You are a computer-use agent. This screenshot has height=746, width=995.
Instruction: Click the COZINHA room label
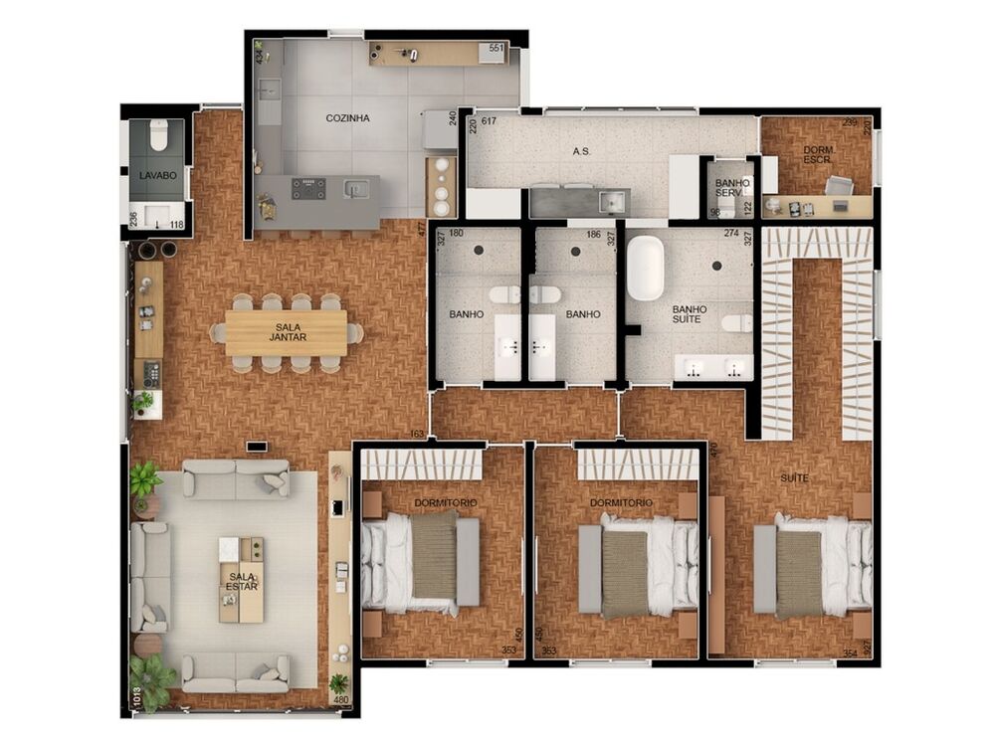coord(347,118)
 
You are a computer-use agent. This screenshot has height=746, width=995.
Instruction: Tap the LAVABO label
coord(157,175)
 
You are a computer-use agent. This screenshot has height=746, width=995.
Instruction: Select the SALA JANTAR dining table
coord(287,332)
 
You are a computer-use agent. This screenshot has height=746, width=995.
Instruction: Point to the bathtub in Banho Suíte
coord(645,268)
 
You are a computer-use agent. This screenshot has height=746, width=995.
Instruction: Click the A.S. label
coord(583,152)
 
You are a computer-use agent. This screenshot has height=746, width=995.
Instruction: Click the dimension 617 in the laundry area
coord(489,122)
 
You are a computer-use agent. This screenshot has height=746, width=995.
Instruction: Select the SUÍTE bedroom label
coord(794,478)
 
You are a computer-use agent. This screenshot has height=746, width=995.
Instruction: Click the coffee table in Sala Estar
coord(242,580)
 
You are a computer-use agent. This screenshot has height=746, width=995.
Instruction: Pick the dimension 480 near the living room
coord(341,699)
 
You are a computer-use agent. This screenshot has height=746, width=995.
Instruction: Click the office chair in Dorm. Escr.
coord(839,185)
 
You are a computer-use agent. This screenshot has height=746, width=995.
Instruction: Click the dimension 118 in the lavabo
coord(176,225)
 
